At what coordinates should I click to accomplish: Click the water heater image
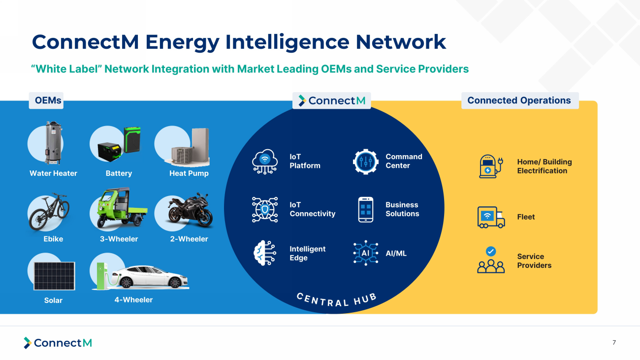53,143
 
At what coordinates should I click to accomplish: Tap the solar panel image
54,276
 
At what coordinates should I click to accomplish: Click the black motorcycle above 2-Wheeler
190,212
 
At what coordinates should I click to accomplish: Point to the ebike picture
49,212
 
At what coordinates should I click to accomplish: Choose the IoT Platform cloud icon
265,161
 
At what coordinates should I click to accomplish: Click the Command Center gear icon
365,161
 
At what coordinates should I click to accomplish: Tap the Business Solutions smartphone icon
365,209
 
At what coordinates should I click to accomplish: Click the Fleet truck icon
491,217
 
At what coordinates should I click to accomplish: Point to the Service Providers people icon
491,261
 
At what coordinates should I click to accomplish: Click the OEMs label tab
48,100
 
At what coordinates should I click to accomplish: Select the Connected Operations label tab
519,100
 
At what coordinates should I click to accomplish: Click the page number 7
614,343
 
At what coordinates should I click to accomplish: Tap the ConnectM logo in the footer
58,343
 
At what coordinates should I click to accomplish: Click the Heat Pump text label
189,173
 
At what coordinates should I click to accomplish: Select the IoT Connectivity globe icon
265,209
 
